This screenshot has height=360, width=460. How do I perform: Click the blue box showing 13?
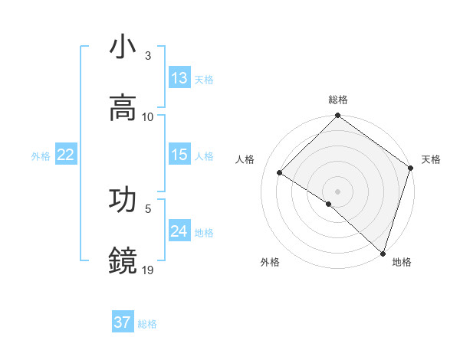coord(179,78)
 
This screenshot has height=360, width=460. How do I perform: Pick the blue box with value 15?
coord(179,155)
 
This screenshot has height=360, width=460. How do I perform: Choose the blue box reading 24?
coord(179,231)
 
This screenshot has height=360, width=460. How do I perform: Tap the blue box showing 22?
coord(66,155)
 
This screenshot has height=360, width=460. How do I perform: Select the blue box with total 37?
coord(123,322)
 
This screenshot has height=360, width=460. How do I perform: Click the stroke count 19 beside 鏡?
coord(148,269)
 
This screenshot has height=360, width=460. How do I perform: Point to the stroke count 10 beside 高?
coord(148,116)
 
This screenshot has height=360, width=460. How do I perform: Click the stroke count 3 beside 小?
coord(148,55)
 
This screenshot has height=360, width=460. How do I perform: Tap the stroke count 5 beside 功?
coord(148,208)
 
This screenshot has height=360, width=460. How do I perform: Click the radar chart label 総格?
coord(338,100)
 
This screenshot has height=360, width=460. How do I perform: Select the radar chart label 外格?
coord(270,263)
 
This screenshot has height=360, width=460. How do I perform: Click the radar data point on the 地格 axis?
coord(383,253)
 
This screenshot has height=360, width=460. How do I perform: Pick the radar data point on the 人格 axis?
coord(280,172)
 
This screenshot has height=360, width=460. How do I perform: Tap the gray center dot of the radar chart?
coord(338,191)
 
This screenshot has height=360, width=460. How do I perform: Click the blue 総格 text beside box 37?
coord(147,323)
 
